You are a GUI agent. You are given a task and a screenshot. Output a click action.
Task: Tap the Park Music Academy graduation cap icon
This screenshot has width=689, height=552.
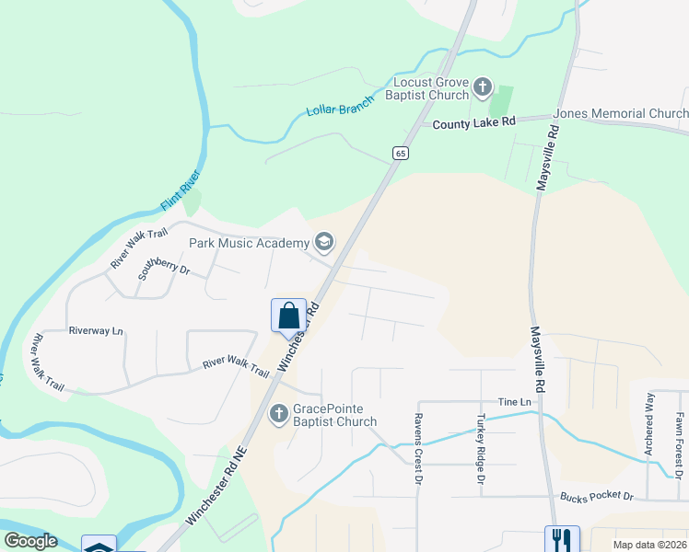[x=323, y=242]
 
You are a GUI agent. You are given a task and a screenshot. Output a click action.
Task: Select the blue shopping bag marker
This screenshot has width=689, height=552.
[x=288, y=316]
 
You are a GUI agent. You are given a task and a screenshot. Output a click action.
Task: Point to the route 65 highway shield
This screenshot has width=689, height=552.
[x=399, y=154]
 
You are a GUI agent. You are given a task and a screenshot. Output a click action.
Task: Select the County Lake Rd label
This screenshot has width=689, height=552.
[x=474, y=122]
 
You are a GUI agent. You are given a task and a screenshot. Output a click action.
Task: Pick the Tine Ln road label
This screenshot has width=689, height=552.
[x=515, y=402]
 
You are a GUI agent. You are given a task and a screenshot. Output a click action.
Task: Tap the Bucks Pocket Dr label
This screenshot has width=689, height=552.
[x=597, y=496]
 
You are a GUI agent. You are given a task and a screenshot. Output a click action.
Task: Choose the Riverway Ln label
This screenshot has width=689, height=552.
[x=96, y=330]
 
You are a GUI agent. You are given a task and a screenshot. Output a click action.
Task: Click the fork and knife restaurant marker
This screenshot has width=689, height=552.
[x=561, y=539]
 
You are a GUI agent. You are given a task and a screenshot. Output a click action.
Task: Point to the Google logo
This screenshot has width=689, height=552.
[x=30, y=541]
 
